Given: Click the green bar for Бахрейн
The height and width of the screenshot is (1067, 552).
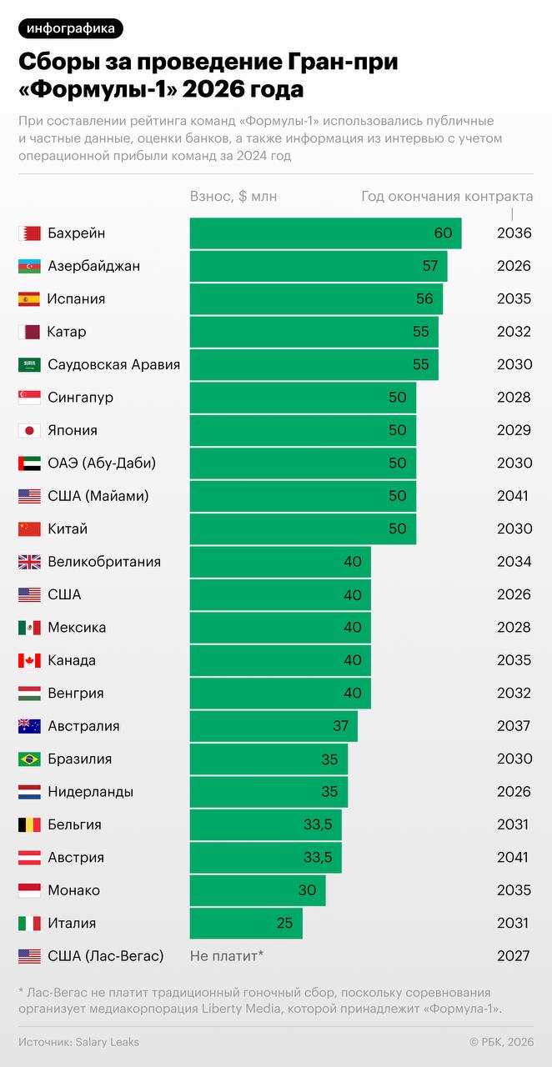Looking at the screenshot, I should (x=325, y=233).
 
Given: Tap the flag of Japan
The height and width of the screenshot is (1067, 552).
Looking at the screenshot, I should (x=29, y=430).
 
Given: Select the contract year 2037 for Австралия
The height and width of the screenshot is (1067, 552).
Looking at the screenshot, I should (x=513, y=726).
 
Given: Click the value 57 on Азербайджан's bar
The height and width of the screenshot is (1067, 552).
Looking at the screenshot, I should (x=430, y=266).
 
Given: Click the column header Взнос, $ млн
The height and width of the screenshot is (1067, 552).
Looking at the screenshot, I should (x=233, y=197).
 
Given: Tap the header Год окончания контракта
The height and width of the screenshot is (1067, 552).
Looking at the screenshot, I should (x=447, y=197).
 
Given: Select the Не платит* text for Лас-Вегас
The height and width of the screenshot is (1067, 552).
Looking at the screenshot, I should (x=227, y=956).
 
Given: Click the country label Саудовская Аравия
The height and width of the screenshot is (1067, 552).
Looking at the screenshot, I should (x=113, y=364).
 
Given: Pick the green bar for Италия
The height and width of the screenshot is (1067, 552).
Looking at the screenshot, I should (x=246, y=923).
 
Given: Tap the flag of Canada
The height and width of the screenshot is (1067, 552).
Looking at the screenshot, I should (x=29, y=660).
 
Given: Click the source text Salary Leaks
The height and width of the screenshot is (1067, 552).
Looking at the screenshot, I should (x=107, y=1042).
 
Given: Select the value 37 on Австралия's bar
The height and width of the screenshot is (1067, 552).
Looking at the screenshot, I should (x=340, y=726).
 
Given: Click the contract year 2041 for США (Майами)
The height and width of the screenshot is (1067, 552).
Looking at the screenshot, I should (x=513, y=496).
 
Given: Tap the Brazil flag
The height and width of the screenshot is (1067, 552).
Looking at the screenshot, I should (x=29, y=759).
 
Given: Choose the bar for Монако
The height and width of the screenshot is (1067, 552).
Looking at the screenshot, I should (x=258, y=890).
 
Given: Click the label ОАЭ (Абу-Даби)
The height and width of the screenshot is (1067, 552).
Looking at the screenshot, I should (x=102, y=463).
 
